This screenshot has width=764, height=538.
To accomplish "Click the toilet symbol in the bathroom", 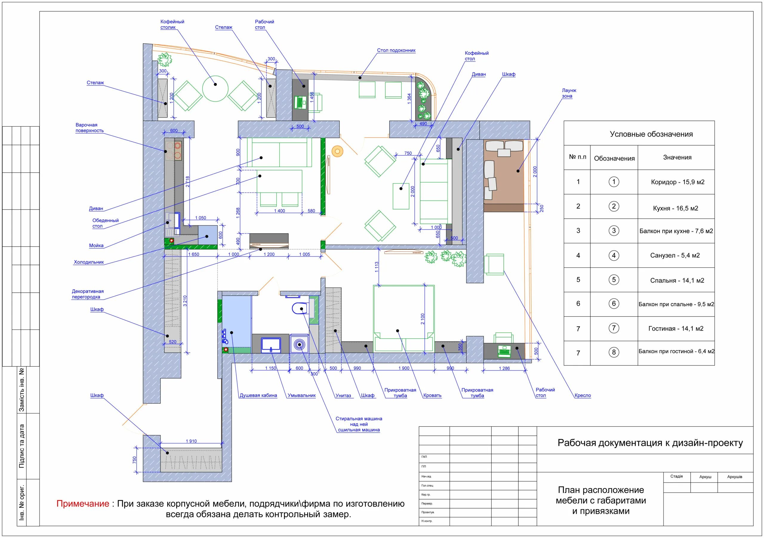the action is point(299,309).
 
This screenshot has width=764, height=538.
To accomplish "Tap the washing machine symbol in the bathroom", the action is point(299,344).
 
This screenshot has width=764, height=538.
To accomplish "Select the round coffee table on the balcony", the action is point(215,89).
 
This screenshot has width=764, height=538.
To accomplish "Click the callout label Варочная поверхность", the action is point(90,128).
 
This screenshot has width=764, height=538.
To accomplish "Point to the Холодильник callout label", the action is point(89,262).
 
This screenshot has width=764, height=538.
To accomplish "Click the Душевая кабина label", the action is point(258,396).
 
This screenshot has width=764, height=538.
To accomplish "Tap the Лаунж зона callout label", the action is point(569,93).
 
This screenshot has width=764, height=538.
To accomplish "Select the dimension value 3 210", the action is point(185,301).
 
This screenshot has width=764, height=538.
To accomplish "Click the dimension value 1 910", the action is point(191,441).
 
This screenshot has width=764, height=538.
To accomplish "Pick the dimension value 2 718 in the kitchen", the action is point(188,182).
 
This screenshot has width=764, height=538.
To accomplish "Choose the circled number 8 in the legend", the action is point(614,352).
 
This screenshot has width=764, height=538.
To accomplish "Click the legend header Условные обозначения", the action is point(651,134).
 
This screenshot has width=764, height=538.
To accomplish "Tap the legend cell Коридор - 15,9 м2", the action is point(677,182).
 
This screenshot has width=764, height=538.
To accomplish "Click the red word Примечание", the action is point(83,503).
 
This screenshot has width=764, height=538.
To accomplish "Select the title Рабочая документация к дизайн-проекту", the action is point(650,443).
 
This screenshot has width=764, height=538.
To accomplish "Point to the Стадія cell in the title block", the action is point(677,477).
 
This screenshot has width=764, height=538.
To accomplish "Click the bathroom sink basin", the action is point(271,345).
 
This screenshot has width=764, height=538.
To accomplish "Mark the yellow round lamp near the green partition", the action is point(338,151).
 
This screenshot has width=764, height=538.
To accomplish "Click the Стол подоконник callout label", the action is point(396,50).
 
